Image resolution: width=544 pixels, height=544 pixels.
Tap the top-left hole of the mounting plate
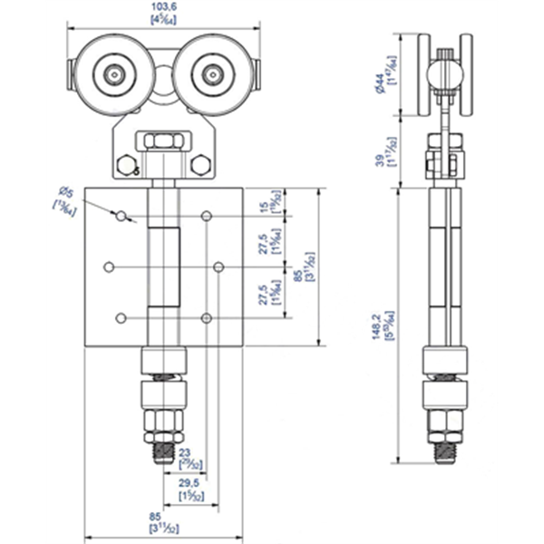[x=120, y=215]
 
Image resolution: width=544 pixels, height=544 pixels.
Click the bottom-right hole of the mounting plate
[x=208, y=317]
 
